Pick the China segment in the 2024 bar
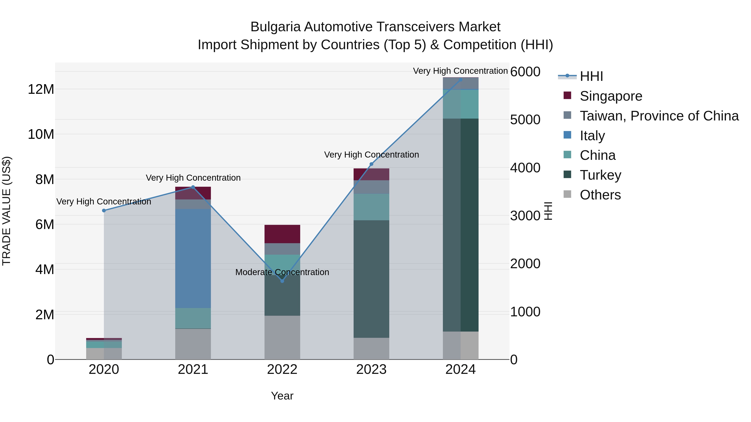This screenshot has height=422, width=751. pyautogui.click(x=460, y=104)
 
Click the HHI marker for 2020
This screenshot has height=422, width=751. pyautogui.click(x=104, y=210)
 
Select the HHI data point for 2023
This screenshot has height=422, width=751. pyautogui.click(x=371, y=164)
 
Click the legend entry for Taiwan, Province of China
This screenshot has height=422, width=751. pyautogui.click(x=659, y=116)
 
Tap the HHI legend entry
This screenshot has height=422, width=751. pyautogui.click(x=591, y=76)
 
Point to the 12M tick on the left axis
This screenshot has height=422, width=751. pyautogui.click(x=41, y=89)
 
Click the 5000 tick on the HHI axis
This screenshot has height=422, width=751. pyautogui.click(x=525, y=120)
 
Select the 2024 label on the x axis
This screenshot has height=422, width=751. pyautogui.click(x=460, y=369)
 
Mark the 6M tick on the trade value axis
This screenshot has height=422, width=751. pyautogui.click(x=45, y=224)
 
